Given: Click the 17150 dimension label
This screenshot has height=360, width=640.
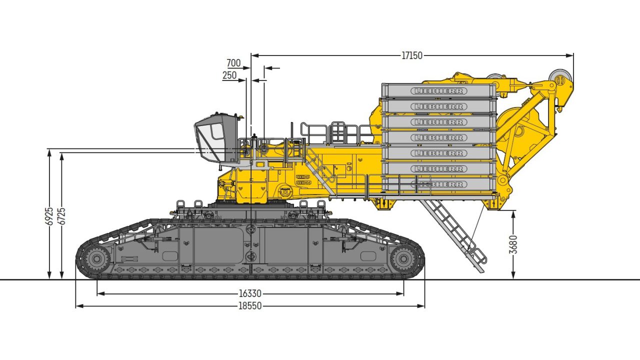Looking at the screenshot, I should (412, 55).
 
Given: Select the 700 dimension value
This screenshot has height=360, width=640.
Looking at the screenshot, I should (233, 63).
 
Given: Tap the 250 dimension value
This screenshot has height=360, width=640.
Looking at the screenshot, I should (229, 75).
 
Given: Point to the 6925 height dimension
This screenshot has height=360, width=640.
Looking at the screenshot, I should (49, 215).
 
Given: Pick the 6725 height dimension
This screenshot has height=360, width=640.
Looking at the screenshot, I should (61, 215).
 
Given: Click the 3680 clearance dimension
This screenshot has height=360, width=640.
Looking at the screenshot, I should (513, 244).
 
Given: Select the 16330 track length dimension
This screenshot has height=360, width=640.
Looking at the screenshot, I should (250, 294).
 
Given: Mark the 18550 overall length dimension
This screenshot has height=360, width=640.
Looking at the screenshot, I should (250, 306).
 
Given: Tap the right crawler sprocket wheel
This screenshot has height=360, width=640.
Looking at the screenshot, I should (403, 259).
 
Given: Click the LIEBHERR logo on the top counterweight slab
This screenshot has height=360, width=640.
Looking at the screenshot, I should (439, 91).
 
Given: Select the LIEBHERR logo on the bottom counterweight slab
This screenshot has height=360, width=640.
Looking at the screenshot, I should (439, 184).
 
